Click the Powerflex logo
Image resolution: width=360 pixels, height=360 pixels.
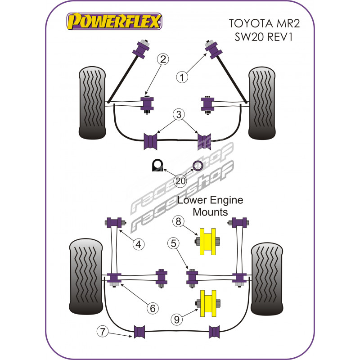114,21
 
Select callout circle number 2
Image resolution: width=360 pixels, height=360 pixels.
162,58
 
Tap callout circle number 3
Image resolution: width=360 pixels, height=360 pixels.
180,115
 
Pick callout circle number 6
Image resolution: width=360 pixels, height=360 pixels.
153,308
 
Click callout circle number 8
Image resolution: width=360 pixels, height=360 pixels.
178,221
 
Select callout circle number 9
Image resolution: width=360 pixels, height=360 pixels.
178,319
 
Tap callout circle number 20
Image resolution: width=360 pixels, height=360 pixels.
181,181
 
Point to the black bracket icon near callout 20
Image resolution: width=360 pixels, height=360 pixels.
157,166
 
